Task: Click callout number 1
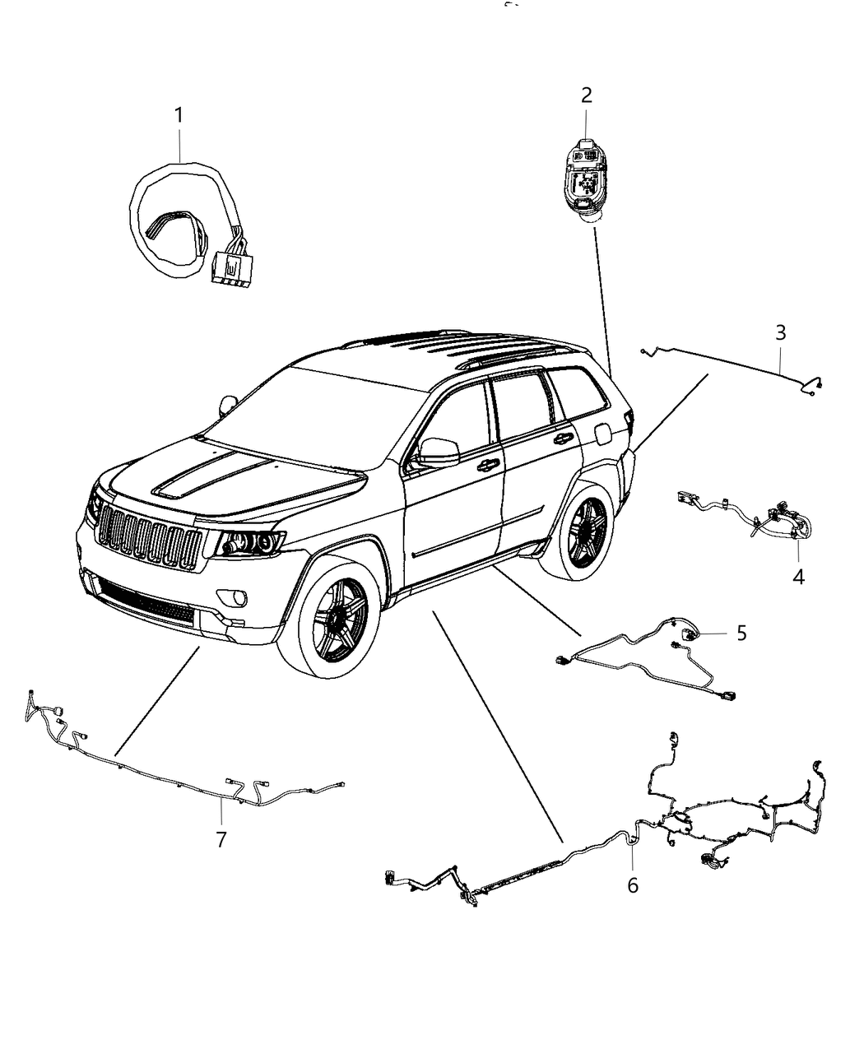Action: [x=179, y=116]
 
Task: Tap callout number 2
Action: [x=586, y=95]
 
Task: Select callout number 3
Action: [x=780, y=333]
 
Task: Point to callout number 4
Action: [x=798, y=577]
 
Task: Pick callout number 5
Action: [x=741, y=633]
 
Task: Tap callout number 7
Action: [x=221, y=839]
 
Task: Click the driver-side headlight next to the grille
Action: [x=247, y=544]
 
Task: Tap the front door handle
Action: [x=487, y=466]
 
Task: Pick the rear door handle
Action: [x=563, y=439]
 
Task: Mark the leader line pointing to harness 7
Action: [x=156, y=700]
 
